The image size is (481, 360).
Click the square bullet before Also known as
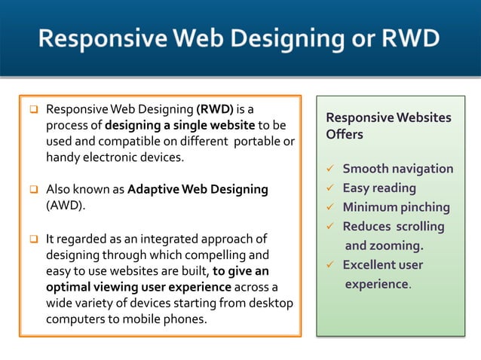34,190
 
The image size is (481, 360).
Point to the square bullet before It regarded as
34,239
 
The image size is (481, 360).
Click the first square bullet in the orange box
34,110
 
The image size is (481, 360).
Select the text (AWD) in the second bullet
66,205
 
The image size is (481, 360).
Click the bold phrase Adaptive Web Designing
198,189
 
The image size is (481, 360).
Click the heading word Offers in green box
345,135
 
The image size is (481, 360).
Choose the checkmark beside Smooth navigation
329,169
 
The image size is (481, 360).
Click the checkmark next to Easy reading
329,188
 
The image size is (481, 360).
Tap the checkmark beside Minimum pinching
329,207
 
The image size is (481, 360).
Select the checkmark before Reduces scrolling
329,227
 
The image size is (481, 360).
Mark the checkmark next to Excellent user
329,265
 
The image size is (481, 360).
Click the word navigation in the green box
418,169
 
